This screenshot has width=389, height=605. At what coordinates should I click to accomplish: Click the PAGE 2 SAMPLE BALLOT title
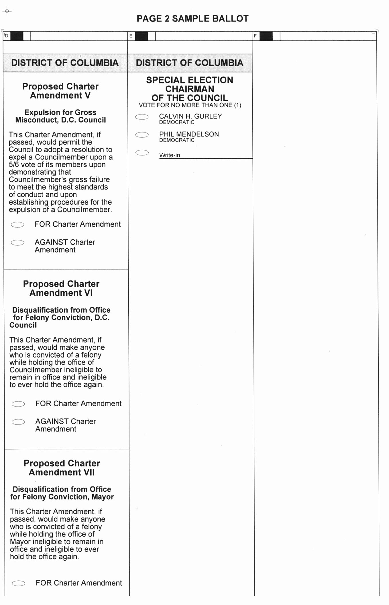(x=192, y=19)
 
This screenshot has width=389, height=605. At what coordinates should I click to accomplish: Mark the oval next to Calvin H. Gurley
(x=142, y=117)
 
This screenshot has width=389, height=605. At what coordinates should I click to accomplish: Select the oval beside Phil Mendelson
(x=142, y=135)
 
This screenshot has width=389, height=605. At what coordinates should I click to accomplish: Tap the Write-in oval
(x=142, y=153)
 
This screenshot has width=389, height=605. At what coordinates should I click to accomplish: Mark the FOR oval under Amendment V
(x=17, y=225)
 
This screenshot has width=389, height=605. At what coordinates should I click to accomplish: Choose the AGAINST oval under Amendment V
(x=17, y=243)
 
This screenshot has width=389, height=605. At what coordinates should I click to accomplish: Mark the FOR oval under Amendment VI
(x=18, y=404)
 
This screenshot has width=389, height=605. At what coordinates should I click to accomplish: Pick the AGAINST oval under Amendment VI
(x=18, y=422)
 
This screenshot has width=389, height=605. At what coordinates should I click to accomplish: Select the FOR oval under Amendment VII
(x=19, y=583)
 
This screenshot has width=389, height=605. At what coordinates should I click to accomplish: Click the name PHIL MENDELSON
(x=189, y=134)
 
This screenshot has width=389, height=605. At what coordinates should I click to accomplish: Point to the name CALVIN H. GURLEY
(x=190, y=116)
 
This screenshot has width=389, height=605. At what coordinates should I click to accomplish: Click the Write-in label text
(x=170, y=155)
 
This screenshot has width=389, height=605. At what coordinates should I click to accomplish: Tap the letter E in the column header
(x=131, y=36)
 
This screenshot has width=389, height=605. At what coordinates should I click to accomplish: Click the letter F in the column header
(x=255, y=36)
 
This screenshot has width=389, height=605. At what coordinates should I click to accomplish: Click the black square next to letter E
(x=142, y=36)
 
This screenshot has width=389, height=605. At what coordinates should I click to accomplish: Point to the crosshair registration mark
(x=7, y=11)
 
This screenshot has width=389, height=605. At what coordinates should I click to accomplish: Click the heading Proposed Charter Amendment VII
(x=62, y=468)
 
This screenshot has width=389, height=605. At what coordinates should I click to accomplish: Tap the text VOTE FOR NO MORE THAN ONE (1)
(x=190, y=105)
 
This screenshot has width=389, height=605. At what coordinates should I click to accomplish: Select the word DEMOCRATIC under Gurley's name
(x=177, y=122)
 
